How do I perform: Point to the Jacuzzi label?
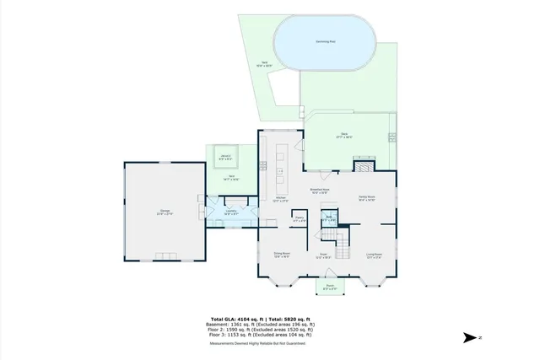(x=227, y=157)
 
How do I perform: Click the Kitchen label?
(x=281, y=199)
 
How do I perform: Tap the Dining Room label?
(x=281, y=255)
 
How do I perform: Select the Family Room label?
(x=366, y=198)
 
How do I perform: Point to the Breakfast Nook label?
(x=320, y=191)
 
